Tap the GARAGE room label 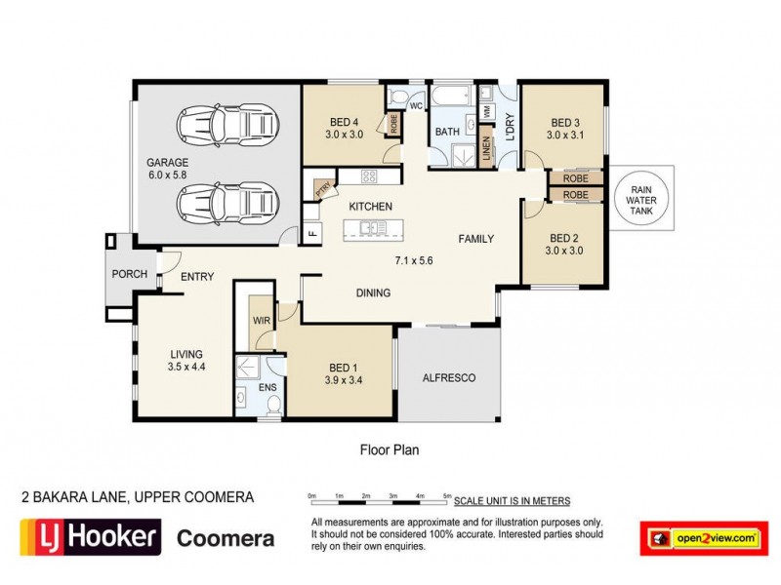(167, 163)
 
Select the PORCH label (130, 274)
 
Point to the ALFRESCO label (448, 377)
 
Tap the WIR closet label (261, 319)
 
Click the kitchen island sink (371, 228)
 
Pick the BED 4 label (344, 122)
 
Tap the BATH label (447, 132)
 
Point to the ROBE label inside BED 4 (393, 124)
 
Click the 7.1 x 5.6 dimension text (414, 261)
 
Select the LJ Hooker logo (91, 537)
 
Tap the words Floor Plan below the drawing (390, 450)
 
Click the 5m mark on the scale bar (447, 497)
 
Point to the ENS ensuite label (267, 388)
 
